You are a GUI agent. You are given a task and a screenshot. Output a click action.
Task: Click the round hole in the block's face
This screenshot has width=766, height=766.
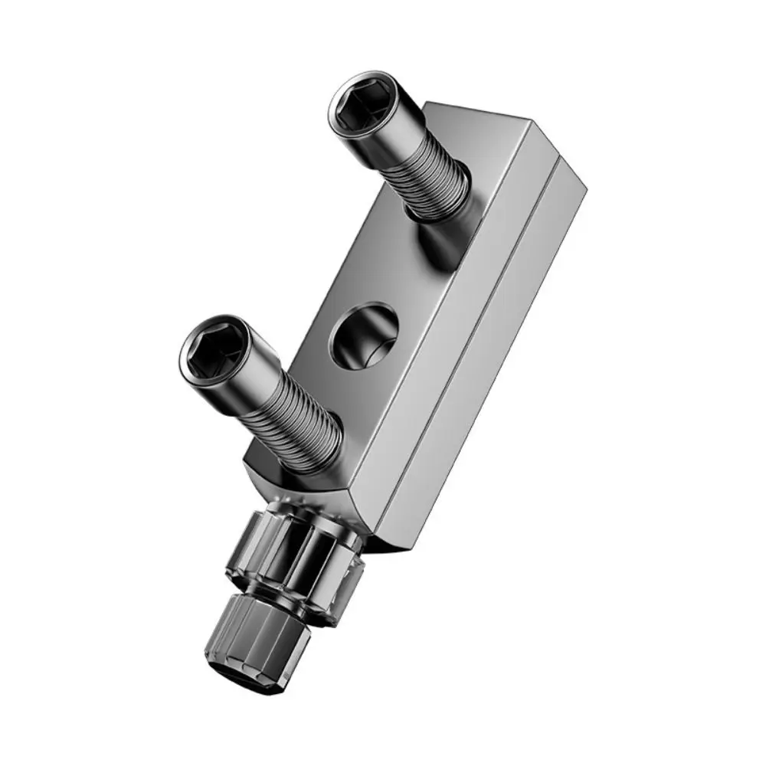(x=365, y=336)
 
